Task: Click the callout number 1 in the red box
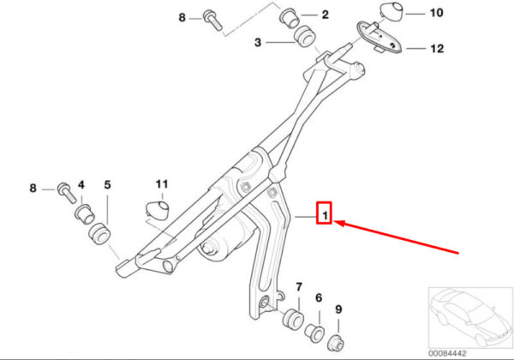(x=325, y=216)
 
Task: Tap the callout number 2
(x=325, y=15)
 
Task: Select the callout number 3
(x=258, y=42)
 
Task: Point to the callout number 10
(x=436, y=13)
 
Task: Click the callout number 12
(x=437, y=49)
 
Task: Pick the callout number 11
(x=162, y=184)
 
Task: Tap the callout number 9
(x=338, y=309)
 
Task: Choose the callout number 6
(x=319, y=297)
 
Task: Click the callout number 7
(x=299, y=287)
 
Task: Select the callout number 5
(x=108, y=185)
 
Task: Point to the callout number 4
(x=81, y=185)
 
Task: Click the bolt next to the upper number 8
(x=212, y=20)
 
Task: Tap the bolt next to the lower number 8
(x=67, y=193)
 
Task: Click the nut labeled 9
(x=336, y=342)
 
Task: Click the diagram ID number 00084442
(x=447, y=353)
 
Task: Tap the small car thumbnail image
(x=470, y=318)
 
